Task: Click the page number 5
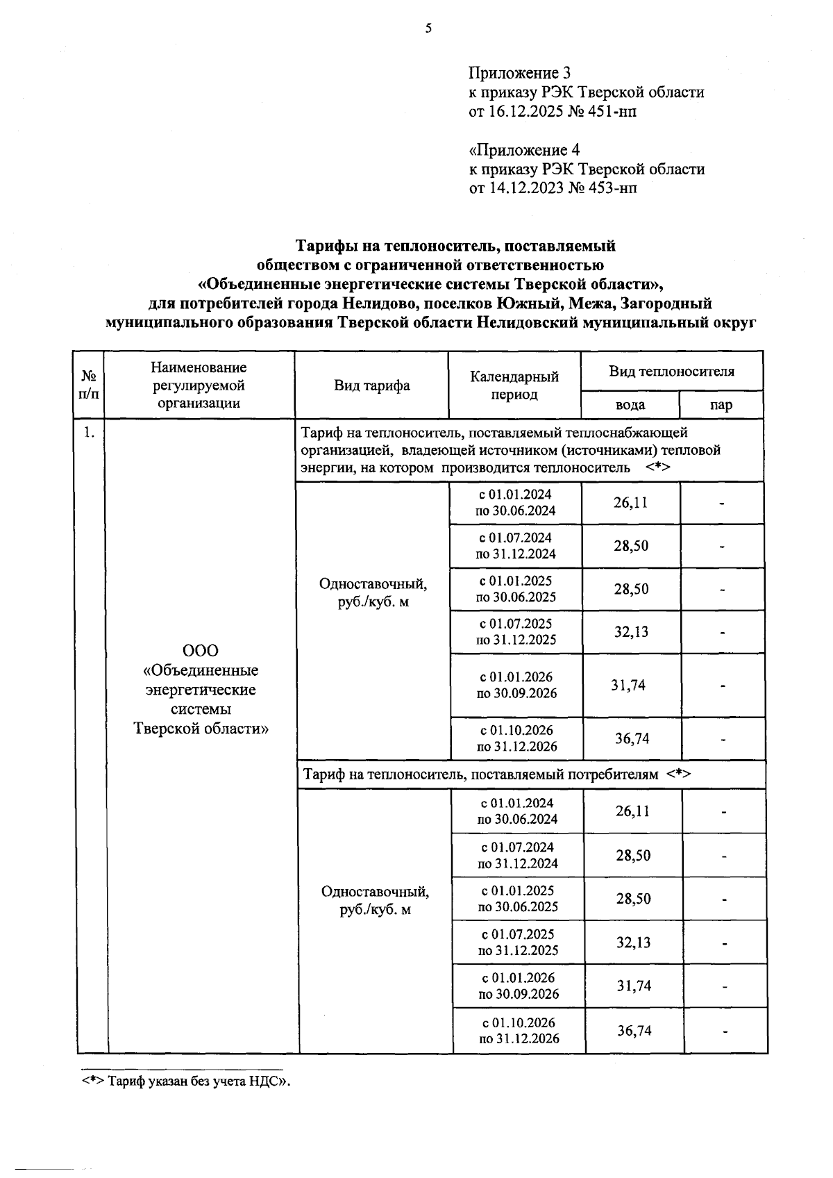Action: [x=428, y=28]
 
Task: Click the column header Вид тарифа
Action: [x=372, y=385]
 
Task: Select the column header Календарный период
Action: [x=514, y=385]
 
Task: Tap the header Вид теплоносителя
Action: [x=671, y=372]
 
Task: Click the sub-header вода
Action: [x=630, y=405]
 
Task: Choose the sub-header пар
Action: [x=721, y=405]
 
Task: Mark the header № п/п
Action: [x=89, y=385]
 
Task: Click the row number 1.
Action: [x=89, y=433]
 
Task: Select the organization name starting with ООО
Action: [x=201, y=690]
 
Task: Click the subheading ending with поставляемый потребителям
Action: [x=495, y=774]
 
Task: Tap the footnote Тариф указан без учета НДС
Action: [x=185, y=1081]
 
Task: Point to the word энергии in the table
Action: [x=323, y=468]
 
